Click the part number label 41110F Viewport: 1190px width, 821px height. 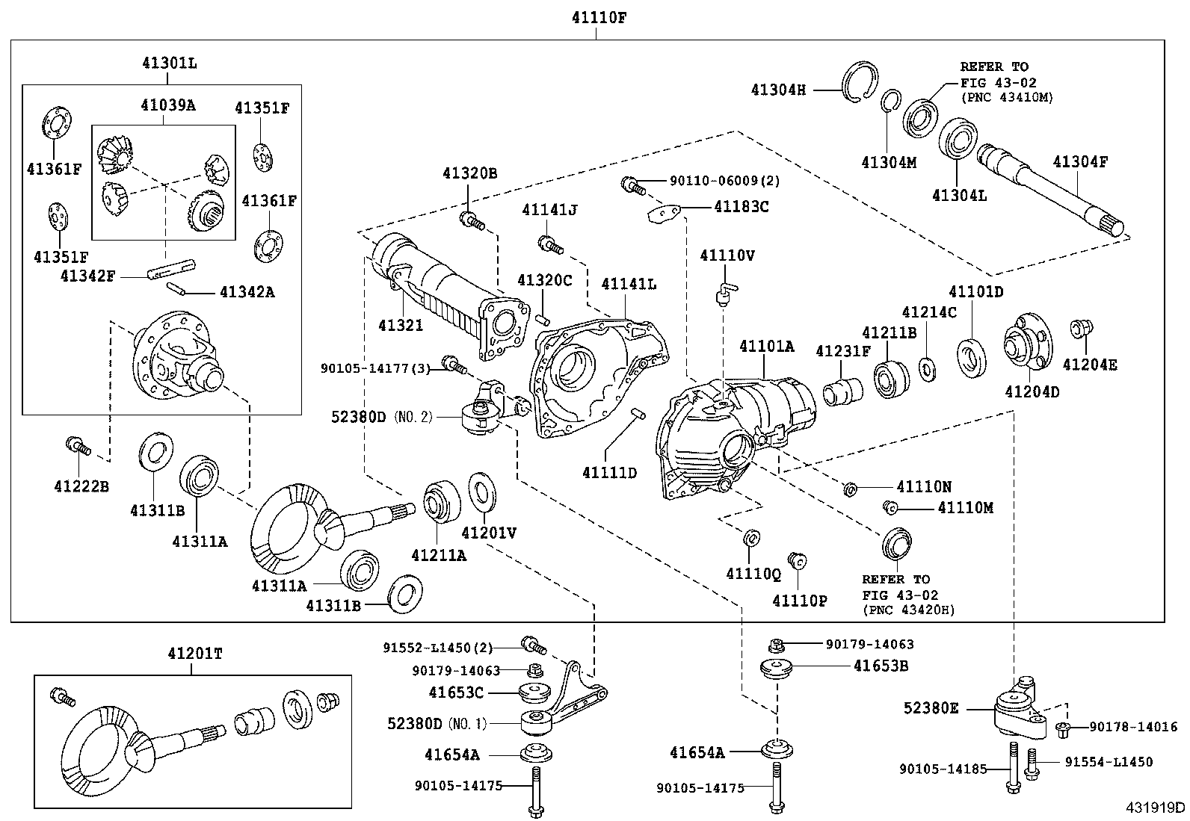(595, 18)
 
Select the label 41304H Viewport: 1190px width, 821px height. (778, 90)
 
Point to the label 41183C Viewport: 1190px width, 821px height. (741, 206)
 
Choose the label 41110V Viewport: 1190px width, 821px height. (727, 255)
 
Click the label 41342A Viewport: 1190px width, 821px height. (247, 292)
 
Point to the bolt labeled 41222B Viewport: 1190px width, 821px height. (77, 446)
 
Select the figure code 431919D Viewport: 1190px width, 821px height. (1156, 807)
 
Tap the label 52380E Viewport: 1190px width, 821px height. (930, 707)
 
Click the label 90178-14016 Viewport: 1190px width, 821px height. (1132, 726)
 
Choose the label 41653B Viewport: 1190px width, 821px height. (881, 666)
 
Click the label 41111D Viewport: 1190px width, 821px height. (610, 472)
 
